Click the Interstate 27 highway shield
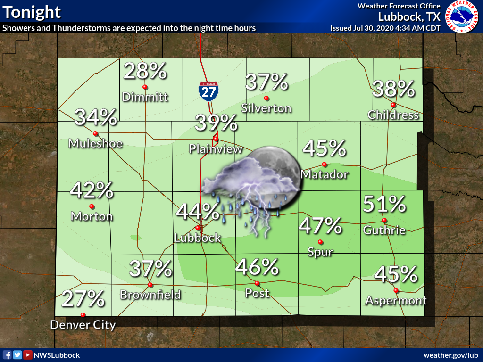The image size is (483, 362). click(208, 90)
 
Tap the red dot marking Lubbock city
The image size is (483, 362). click(198, 228)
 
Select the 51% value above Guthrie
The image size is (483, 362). click(384, 204)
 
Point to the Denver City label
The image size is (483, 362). click(83, 325)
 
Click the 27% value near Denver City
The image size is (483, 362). click(83, 299)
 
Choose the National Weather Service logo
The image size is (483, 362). click(462, 17)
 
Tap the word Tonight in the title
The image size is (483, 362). click(32, 12)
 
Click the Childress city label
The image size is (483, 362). click(393, 115)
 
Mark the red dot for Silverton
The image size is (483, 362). click(266, 98)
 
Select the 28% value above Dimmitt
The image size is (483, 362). click(145, 71)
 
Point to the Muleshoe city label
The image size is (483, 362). click(95, 143)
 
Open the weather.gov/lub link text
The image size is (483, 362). click(450, 355)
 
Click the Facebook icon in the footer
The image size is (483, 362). click(7, 355)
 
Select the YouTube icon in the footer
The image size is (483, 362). click(28, 355)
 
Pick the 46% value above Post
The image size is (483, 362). click(257, 267)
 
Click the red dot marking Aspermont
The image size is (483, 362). click(396, 290)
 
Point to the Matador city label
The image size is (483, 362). click(324, 174)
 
